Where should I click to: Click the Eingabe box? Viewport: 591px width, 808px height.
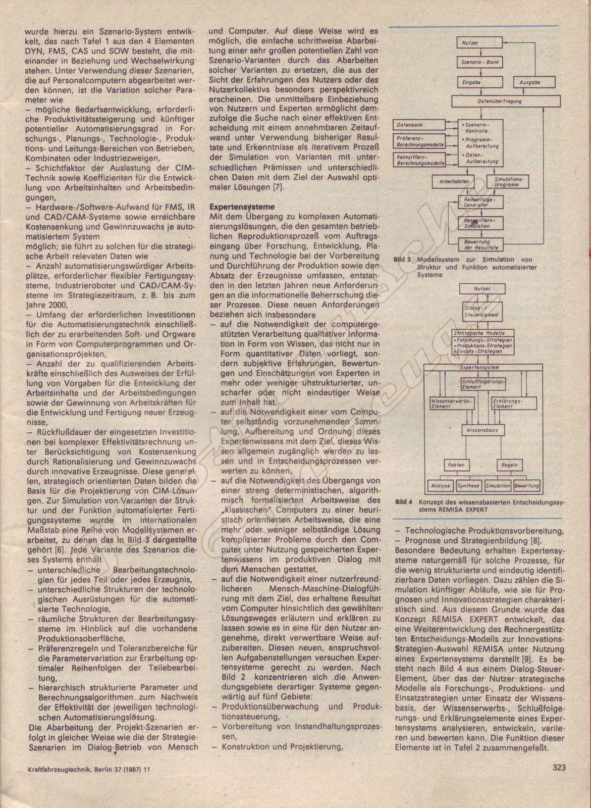(473, 82)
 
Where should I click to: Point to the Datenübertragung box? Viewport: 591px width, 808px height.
(506, 101)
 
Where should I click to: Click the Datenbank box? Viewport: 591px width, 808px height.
(418, 124)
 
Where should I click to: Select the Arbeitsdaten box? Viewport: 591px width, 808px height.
(454, 181)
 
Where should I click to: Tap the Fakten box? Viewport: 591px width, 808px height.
(456, 465)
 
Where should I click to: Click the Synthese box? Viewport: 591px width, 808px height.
(468, 485)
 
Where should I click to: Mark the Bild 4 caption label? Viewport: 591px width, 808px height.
(404, 502)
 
